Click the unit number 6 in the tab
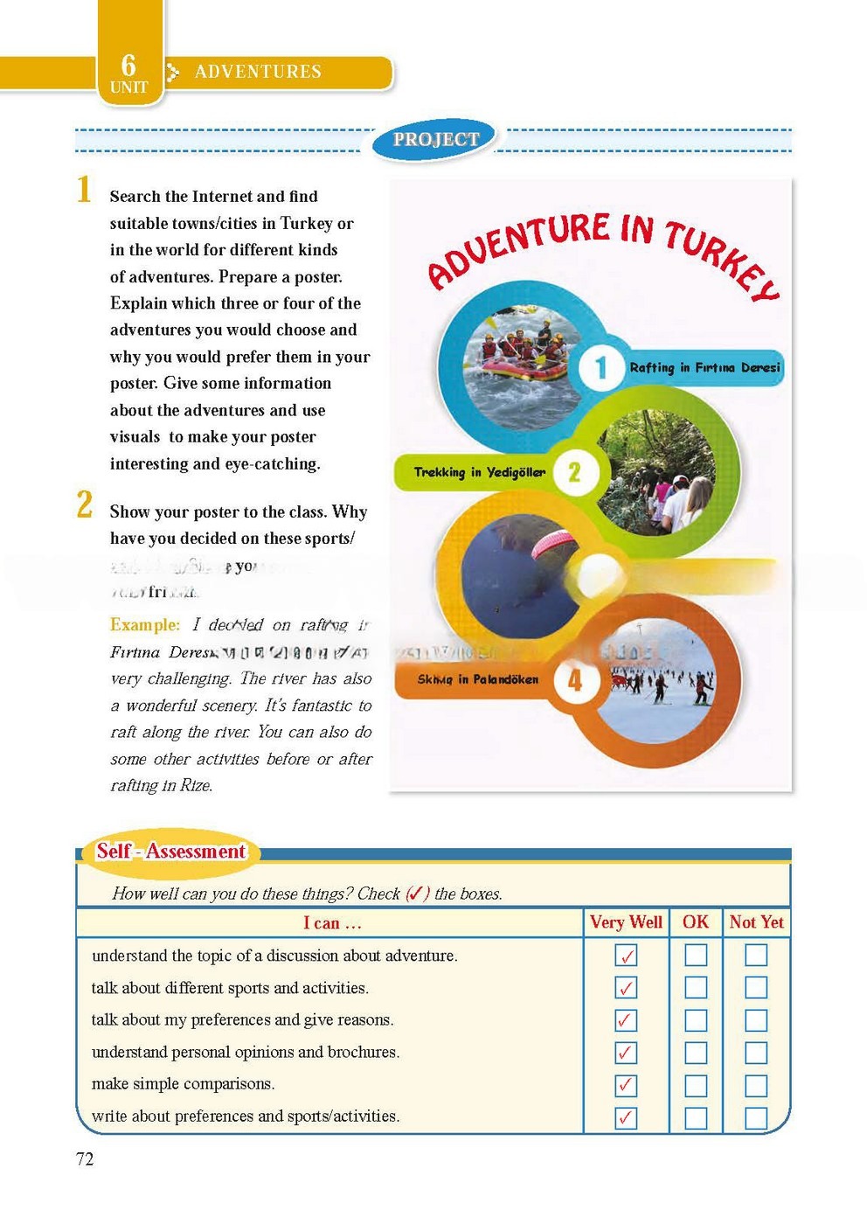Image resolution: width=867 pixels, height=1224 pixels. [x=128, y=64]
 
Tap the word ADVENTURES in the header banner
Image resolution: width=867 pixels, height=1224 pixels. [x=258, y=72]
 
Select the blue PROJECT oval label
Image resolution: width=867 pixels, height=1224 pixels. [x=436, y=139]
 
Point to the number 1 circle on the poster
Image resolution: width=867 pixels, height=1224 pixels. [x=600, y=367]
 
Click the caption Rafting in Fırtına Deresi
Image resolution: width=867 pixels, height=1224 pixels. [x=704, y=368]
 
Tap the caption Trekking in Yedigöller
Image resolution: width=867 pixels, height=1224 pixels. [x=479, y=472]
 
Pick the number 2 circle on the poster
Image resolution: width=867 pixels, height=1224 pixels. [x=574, y=472]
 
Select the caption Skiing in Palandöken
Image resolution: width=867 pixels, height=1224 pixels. [x=477, y=679]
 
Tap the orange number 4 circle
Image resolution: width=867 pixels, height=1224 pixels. [x=575, y=680]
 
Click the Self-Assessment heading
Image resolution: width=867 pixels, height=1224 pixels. [x=171, y=852]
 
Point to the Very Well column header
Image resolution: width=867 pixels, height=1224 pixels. [x=626, y=922]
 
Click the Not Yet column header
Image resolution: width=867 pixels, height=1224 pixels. [x=756, y=922]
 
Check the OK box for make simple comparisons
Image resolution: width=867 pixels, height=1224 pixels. [x=696, y=1085]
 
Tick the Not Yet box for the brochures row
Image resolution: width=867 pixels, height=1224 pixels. [x=756, y=1053]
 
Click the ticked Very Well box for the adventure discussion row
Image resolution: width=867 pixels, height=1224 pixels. [x=626, y=956]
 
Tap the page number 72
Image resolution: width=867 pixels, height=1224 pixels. [x=85, y=1159]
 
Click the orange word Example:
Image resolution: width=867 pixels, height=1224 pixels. [x=145, y=625]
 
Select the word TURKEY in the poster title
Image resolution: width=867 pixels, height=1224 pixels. [x=722, y=260]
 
